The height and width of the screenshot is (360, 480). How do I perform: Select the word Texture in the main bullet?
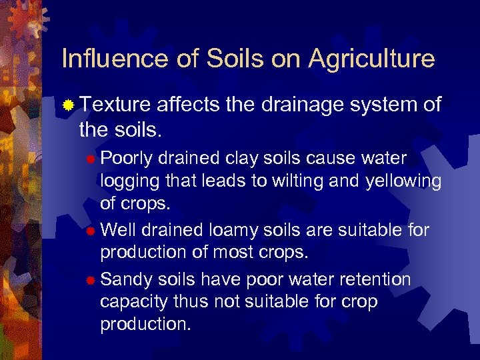(x=117, y=105)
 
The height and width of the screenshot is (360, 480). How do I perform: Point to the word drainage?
(x=295, y=105)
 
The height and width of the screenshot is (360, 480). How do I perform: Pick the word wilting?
(x=298, y=181)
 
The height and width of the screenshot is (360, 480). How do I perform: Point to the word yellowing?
(x=404, y=181)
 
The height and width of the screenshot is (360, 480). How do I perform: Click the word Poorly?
(x=127, y=158)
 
